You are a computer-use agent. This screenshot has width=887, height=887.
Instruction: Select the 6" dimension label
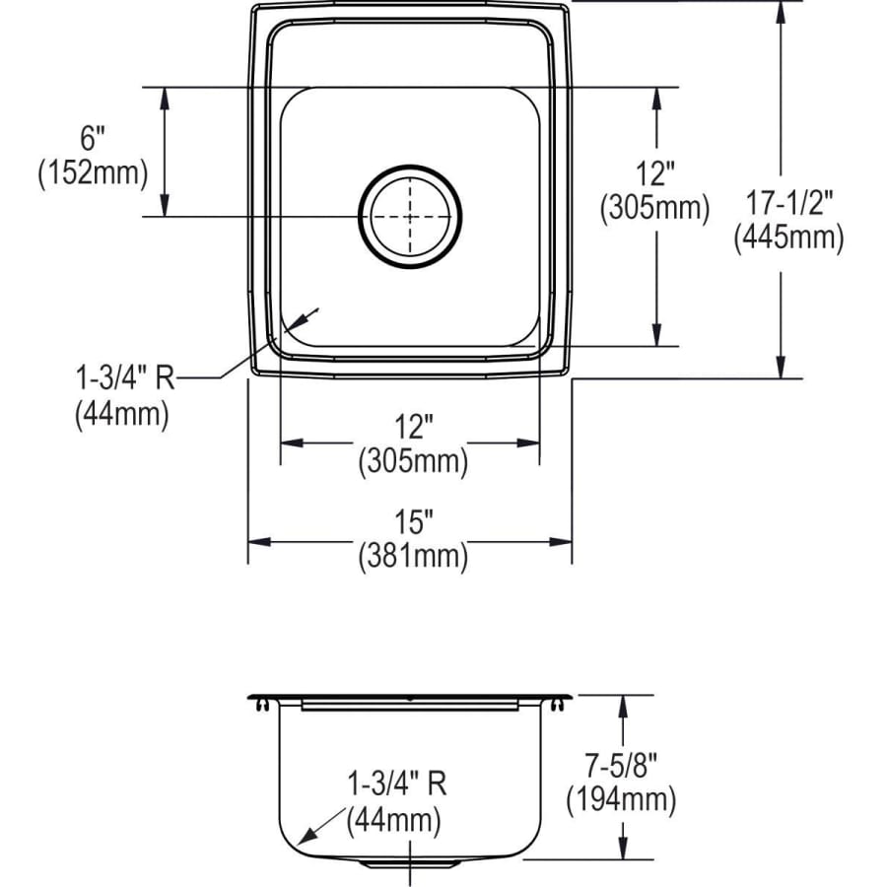(93, 139)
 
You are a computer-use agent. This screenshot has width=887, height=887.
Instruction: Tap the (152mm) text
(93, 173)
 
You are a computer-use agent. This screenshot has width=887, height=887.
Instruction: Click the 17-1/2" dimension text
(789, 203)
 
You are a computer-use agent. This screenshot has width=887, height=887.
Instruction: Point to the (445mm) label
(789, 237)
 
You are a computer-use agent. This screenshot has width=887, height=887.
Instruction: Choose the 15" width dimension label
(414, 521)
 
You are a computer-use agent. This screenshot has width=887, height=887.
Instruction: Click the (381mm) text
(413, 556)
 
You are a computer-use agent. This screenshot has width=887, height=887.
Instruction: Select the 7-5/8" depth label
(621, 766)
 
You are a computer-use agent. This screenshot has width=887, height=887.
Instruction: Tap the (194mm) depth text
(621, 800)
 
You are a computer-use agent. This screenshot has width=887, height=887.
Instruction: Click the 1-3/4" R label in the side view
(396, 785)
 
